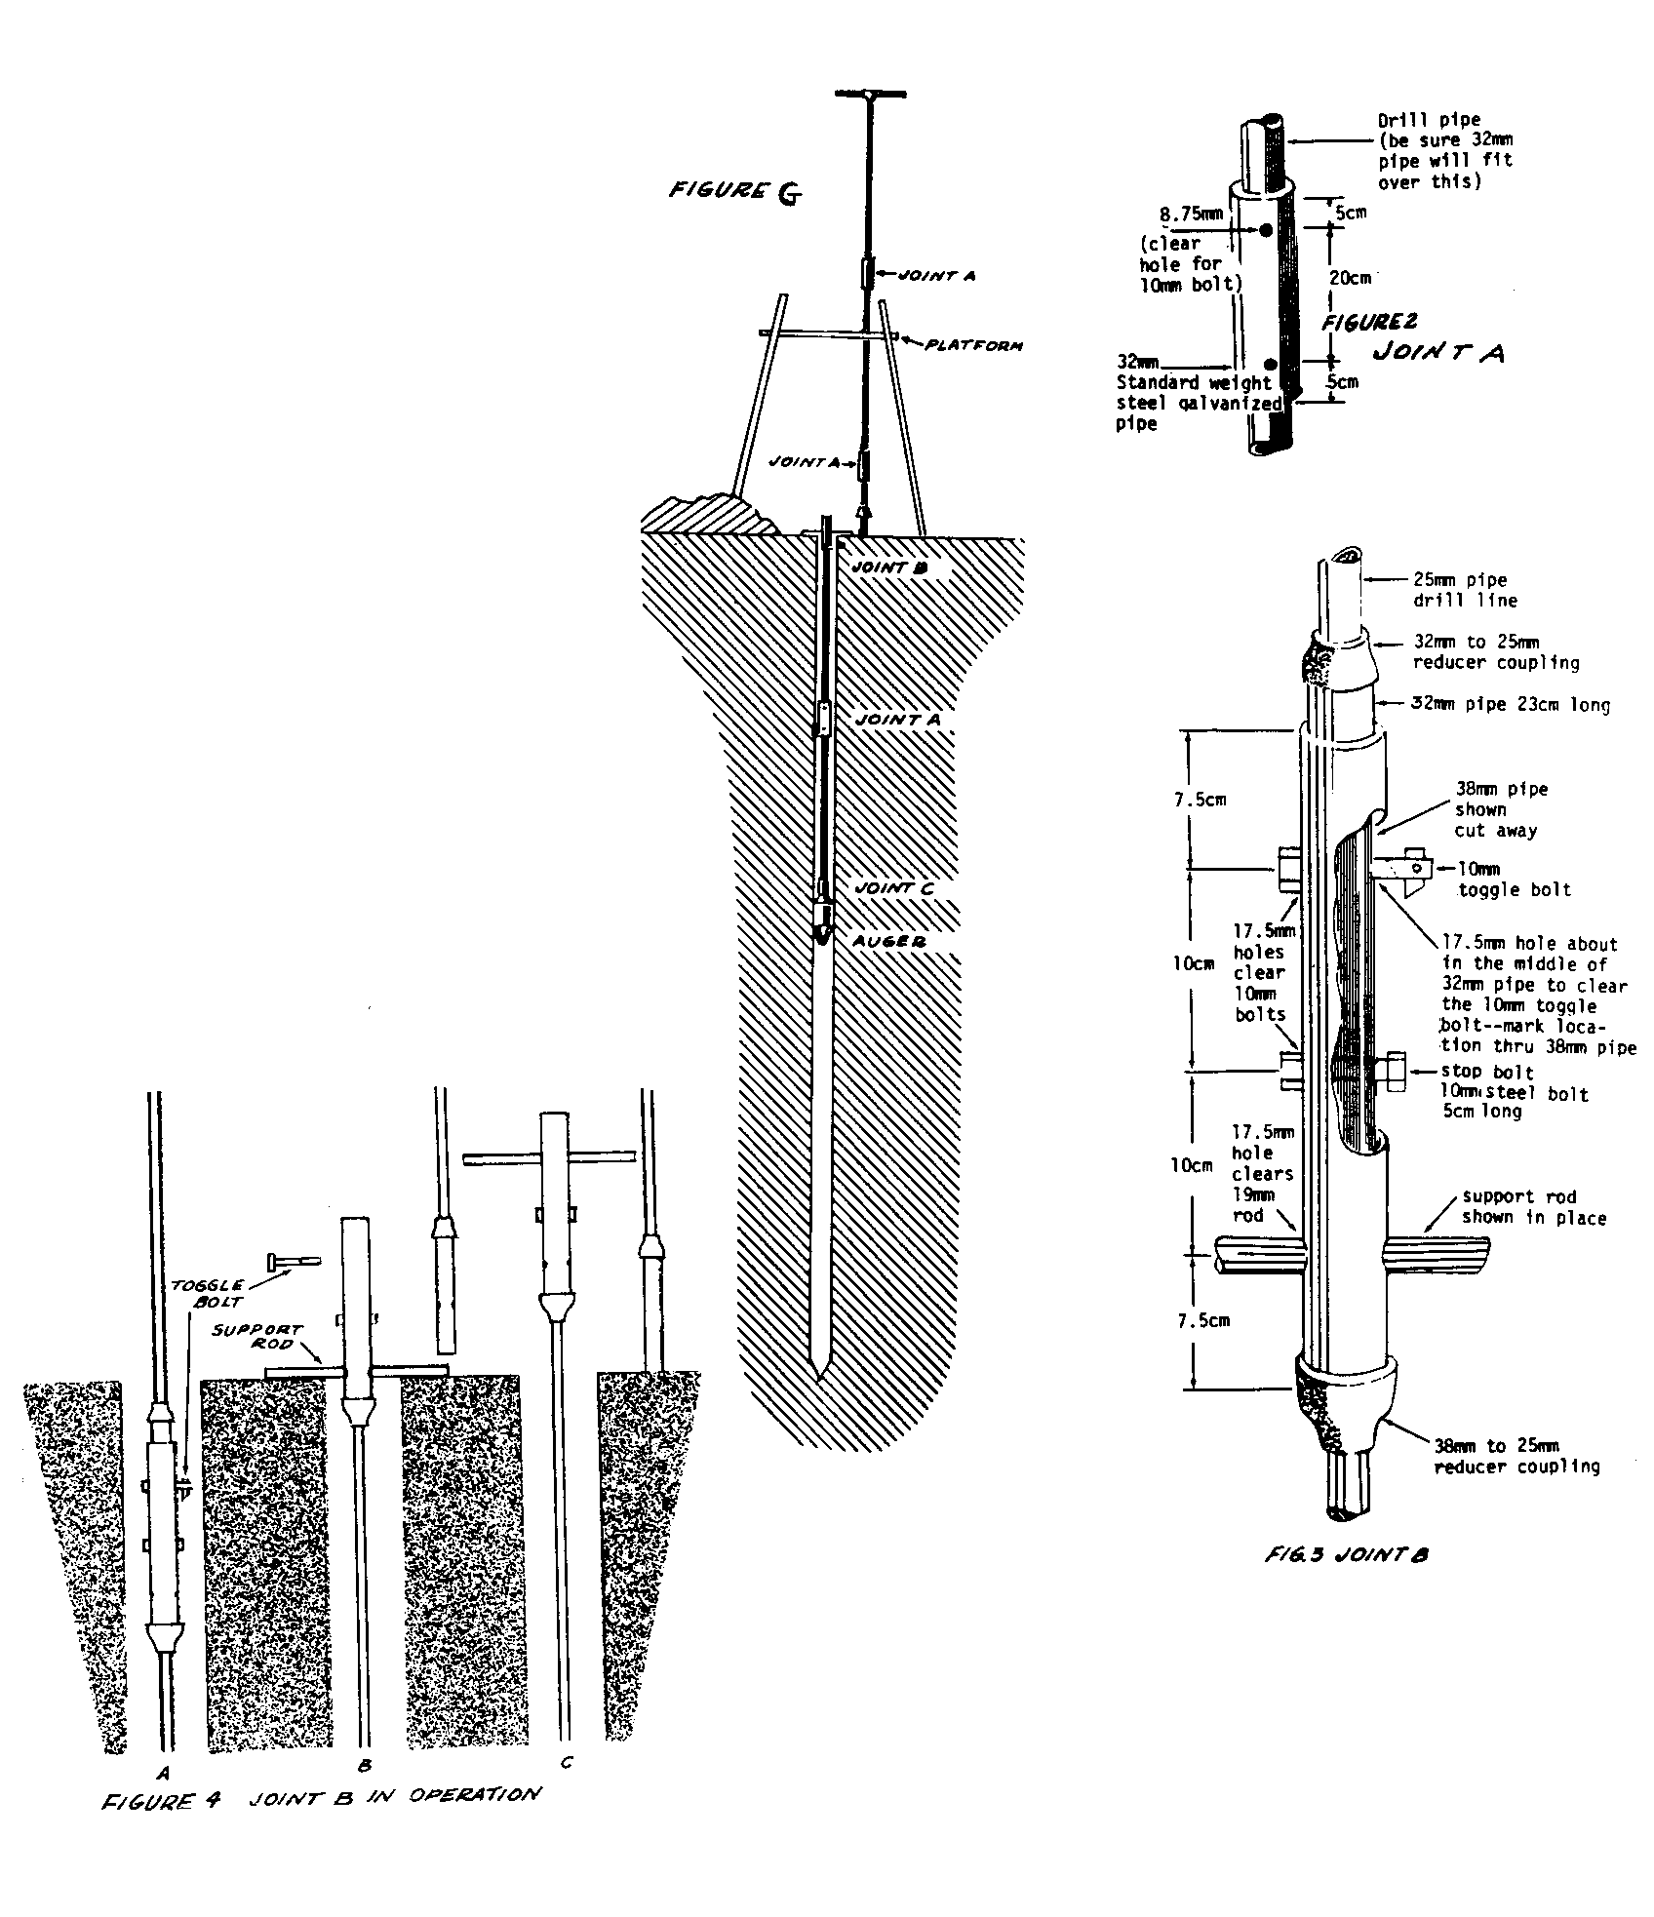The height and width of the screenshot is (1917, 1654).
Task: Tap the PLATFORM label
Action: coord(973,344)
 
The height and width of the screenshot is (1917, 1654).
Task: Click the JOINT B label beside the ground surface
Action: coord(887,567)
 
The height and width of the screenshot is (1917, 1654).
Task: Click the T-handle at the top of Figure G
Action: coord(870,95)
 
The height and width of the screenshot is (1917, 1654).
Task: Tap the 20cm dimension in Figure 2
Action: coord(1350,278)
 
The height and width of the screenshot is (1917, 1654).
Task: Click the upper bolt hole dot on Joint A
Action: coord(1266,230)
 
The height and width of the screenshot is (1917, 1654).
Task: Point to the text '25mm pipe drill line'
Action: coord(1466,590)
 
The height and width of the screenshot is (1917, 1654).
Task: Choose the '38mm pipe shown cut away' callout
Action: coord(1495,809)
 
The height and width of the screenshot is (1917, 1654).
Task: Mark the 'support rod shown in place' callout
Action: coord(1533,1206)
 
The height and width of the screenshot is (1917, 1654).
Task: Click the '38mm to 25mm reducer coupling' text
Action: coord(1515,1456)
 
